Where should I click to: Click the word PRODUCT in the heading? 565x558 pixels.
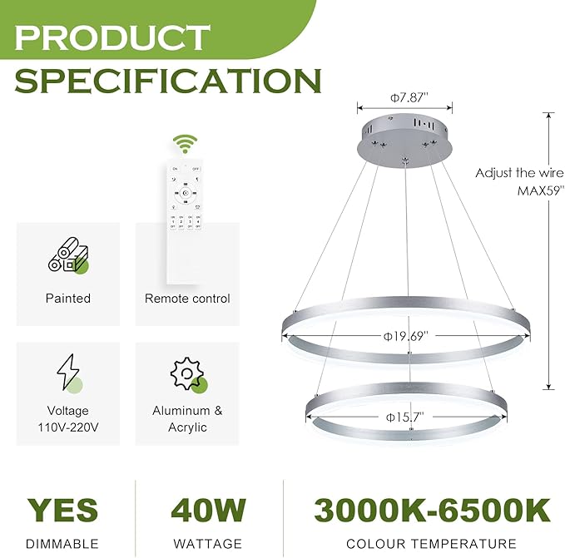(x=112, y=37)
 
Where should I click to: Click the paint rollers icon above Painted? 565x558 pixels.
(x=68, y=256)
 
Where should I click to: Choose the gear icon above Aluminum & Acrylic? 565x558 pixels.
(x=187, y=375)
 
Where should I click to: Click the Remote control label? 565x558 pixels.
(x=187, y=298)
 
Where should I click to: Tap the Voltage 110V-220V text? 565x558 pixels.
(x=68, y=419)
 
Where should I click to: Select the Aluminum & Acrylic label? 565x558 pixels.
(x=187, y=419)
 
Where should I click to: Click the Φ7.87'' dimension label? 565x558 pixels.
(x=405, y=97)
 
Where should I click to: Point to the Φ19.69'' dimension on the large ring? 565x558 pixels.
(x=405, y=336)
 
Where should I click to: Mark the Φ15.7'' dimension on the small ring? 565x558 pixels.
(x=406, y=416)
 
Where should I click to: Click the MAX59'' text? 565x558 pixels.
(x=541, y=190)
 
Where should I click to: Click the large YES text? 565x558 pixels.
(x=62, y=511)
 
